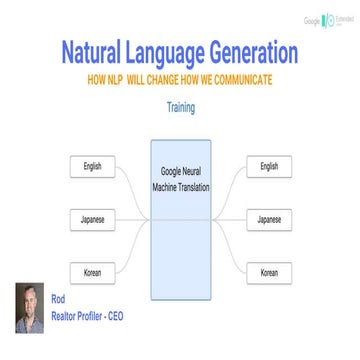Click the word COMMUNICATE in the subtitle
237,77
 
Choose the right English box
269,139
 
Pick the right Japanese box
269,190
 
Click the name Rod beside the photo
57,298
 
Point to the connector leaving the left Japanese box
130,190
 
